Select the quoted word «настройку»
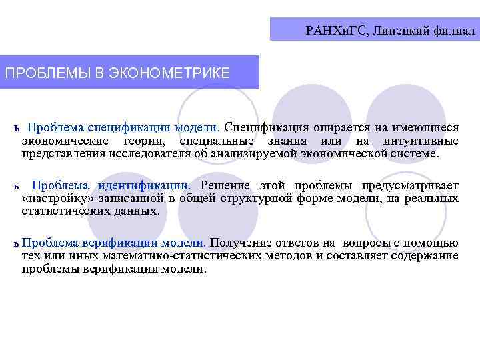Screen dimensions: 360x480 pyautogui.click(x=60, y=198)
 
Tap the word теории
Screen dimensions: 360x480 pyautogui.click(x=151, y=141)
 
